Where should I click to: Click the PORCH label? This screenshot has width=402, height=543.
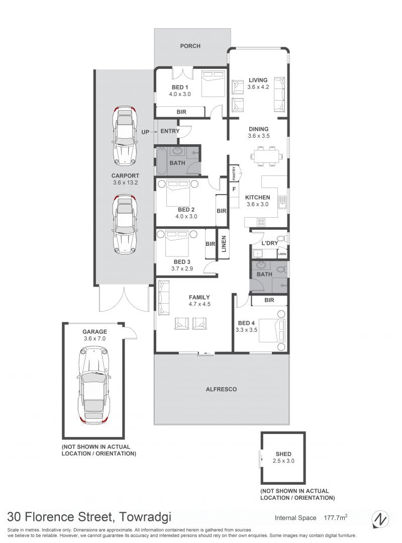tap(190, 46)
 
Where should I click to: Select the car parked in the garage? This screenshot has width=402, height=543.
tap(93, 385)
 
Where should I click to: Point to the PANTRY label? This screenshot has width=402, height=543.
tap(234, 173)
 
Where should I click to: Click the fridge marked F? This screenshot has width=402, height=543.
tap(234, 189)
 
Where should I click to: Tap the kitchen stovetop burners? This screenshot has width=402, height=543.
tap(261, 222)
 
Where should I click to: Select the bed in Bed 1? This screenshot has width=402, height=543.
tap(213, 84)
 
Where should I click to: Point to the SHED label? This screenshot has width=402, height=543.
tap(283, 454)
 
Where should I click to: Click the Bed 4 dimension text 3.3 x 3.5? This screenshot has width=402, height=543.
tap(246, 330)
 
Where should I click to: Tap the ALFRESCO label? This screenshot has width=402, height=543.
tap(221, 389)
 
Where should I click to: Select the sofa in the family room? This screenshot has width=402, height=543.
tap(163, 298)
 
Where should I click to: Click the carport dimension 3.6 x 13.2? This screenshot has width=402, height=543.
tap(125, 183)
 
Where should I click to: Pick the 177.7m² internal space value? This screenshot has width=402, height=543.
tap(336, 517)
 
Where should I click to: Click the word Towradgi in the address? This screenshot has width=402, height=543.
tap(145, 517)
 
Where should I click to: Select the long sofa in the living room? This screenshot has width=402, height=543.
tap(280, 94)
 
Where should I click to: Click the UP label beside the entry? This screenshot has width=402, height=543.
tap(145, 132)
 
